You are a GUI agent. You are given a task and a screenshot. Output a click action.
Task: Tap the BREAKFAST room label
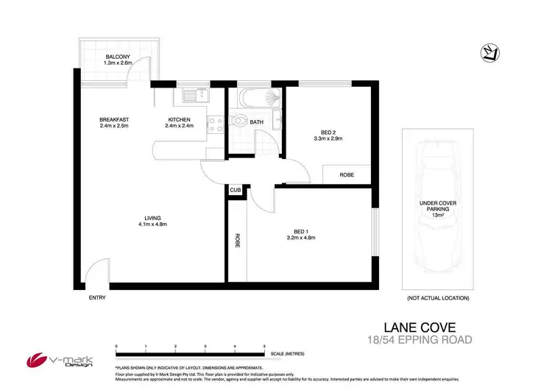tap(115, 120)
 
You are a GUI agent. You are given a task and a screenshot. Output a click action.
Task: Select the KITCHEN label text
tap(179, 120)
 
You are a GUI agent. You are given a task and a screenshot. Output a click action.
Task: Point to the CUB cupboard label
tap(236, 190)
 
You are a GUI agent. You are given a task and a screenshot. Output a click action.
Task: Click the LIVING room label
tap(153, 218)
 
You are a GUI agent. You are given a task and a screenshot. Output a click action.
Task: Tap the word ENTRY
tap(97, 297)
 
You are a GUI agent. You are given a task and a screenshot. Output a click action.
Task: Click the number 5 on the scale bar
tap(264, 345)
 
